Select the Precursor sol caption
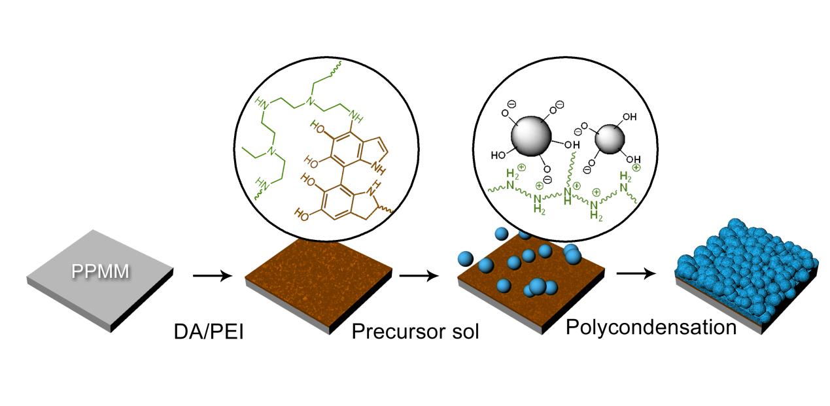(x=415, y=331)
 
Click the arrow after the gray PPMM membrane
(x=213, y=275)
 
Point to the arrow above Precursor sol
(x=417, y=275)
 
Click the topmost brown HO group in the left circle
(x=308, y=128)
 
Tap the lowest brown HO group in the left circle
(x=302, y=213)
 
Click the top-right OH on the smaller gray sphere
(x=629, y=118)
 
